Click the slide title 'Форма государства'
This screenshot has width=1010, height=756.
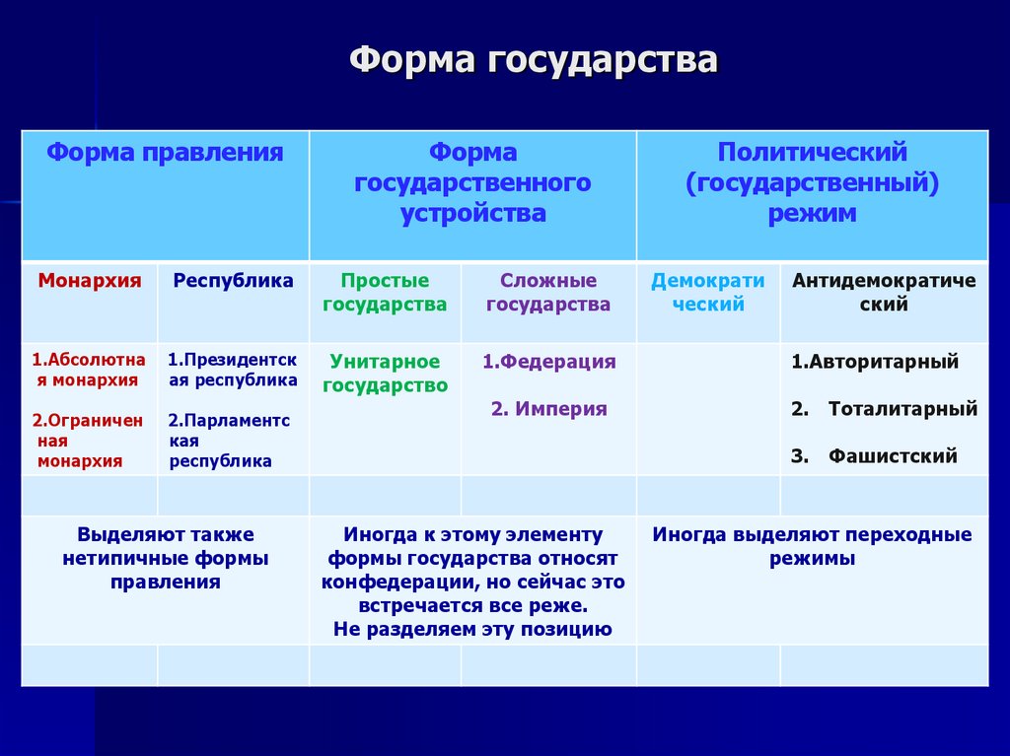point(534,61)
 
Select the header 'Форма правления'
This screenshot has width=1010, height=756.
point(166,153)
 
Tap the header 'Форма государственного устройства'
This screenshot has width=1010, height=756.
point(472,183)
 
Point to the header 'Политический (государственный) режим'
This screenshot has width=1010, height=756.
point(812,183)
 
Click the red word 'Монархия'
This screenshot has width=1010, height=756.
point(90,281)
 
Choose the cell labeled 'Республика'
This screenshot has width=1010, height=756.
point(234,281)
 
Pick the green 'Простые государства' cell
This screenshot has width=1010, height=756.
point(385,293)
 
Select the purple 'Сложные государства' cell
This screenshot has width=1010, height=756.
point(548,293)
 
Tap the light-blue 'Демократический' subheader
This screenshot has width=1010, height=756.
point(707,293)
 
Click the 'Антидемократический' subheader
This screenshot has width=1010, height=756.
point(884,293)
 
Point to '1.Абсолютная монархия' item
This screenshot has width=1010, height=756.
point(89,370)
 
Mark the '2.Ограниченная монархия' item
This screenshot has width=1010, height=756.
point(88,441)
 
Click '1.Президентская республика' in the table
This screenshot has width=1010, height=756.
point(233,370)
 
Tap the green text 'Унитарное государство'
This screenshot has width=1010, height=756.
point(385,374)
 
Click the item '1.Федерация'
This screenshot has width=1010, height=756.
point(548,362)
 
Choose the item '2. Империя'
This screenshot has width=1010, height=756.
point(548,409)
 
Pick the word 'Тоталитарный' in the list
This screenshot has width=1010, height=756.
point(902,409)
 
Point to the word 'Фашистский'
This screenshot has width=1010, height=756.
point(893,456)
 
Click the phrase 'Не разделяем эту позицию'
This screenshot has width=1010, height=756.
point(472,630)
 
